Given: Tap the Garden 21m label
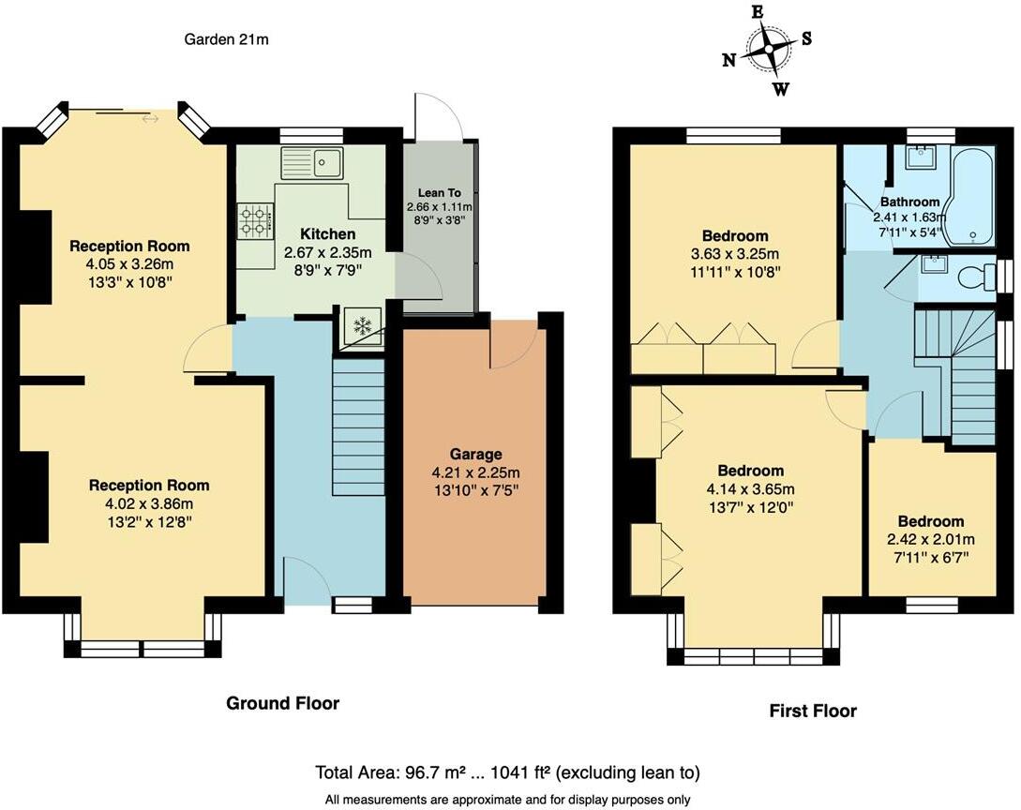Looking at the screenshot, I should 228,39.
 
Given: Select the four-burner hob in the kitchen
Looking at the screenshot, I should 254,221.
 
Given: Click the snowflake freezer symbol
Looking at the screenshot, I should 360,327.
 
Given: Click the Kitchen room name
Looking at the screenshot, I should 327,233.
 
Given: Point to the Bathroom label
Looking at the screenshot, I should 909,202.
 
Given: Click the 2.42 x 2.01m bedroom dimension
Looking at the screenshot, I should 930,539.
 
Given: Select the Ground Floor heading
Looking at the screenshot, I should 282,703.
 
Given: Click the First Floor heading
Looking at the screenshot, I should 813,711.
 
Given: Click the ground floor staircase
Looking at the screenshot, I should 358,427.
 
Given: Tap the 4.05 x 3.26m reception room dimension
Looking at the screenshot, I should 129,263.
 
